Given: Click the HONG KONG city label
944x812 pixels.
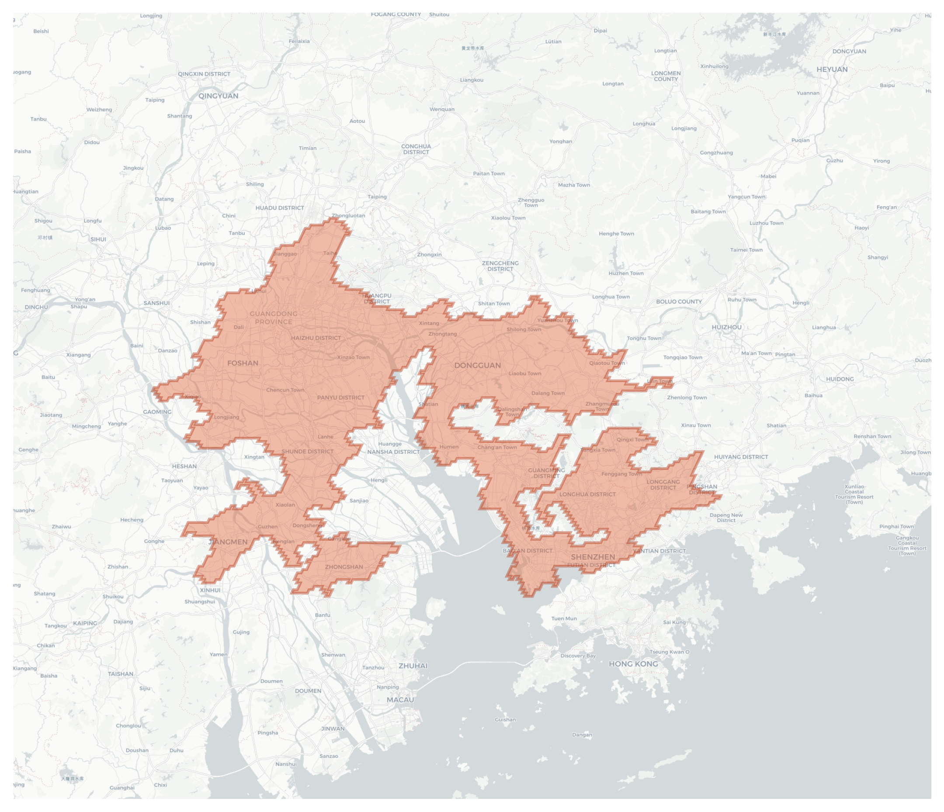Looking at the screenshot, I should point(633,664).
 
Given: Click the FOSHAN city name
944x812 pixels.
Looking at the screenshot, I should point(243,363).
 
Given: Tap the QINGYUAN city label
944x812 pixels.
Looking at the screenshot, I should point(218,96).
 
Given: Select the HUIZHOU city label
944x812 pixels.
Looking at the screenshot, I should point(726,327).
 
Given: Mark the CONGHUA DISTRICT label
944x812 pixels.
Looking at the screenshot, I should point(416,149).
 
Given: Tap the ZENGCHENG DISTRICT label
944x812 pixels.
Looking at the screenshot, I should point(500,266).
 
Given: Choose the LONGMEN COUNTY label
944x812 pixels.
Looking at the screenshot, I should point(666,76).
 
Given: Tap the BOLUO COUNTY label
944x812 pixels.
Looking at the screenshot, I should point(679,301).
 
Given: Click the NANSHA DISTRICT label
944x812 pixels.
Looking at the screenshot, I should point(393,452).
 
